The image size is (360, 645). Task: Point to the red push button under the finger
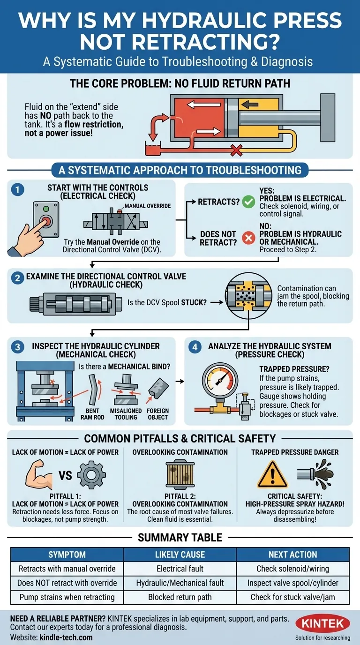pyautogui.click(x=46, y=220)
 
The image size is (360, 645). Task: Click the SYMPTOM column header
pyautogui.click(x=67, y=555)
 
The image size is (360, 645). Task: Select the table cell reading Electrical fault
pyautogui.click(x=180, y=569)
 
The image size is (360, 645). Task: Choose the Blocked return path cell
pyautogui.click(x=180, y=597)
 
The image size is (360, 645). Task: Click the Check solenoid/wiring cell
pyautogui.click(x=293, y=569)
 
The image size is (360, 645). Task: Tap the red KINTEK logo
pyautogui.click(x=323, y=624)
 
